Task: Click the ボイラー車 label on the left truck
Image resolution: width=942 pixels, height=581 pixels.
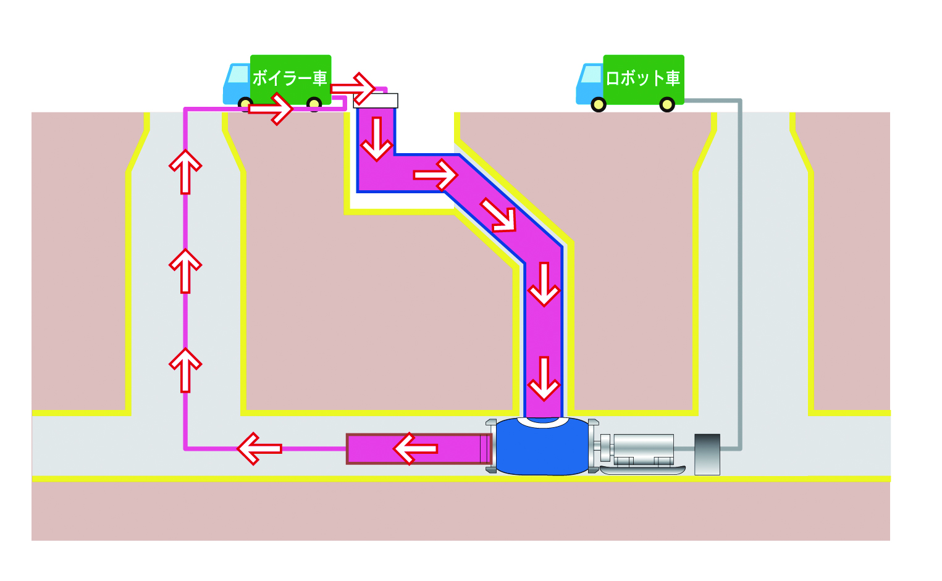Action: pos(289,78)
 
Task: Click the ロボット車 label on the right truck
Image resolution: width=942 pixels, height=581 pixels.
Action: pos(642,78)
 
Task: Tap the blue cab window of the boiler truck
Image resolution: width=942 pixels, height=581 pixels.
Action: pos(238,75)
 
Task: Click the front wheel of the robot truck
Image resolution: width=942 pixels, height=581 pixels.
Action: pos(598,104)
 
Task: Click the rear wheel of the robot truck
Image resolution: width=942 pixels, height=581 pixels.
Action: pos(667,104)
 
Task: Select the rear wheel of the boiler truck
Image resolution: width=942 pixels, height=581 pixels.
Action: pos(314,104)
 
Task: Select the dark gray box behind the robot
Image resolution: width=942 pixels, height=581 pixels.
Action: pos(707,454)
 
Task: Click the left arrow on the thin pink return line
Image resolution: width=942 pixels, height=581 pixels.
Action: pos(259,449)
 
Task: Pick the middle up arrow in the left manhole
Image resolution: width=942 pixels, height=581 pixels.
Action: pos(185,270)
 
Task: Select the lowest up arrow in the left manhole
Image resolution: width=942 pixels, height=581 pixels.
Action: pos(185,369)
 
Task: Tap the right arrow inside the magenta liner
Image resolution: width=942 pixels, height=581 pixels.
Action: pos(435,175)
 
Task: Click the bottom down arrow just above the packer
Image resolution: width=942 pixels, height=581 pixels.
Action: pos(544,378)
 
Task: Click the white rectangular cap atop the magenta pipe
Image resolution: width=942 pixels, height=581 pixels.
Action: pos(376,101)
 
